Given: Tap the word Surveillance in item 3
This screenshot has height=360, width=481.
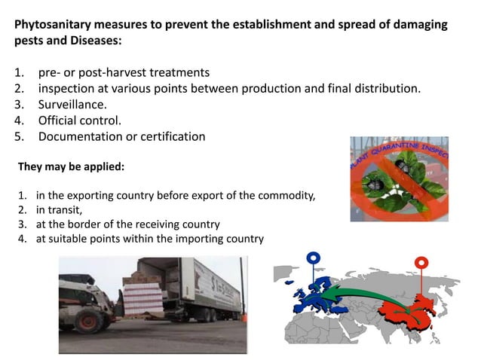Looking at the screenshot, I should tap(72, 105).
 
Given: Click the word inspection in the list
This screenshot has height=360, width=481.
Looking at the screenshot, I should tap(69, 89).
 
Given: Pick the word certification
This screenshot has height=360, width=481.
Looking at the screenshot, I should tap(171, 136).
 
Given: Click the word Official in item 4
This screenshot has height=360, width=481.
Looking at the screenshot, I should tap(60, 121).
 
